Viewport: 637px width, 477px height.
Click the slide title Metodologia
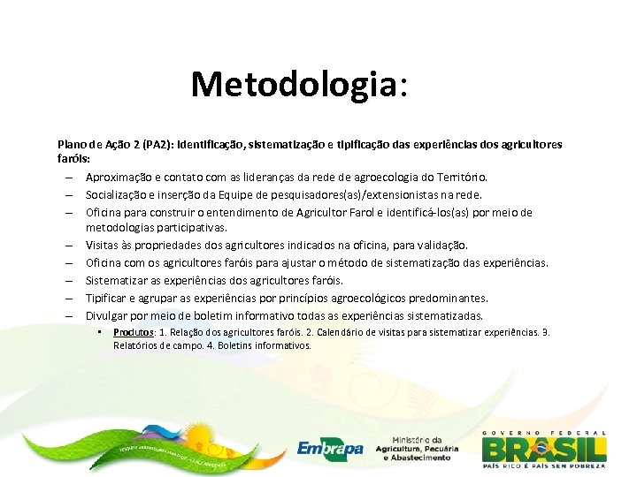tap(299, 85)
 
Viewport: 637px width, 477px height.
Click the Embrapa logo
tap(330, 449)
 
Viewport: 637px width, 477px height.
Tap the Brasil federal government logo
tap(544, 447)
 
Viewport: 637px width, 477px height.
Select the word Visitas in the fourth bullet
tap(103, 245)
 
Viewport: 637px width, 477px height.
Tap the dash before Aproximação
tap(67, 178)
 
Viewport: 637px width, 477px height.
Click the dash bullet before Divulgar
tap(67, 315)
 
